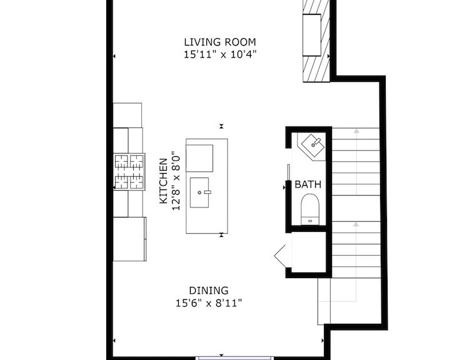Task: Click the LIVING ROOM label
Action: point(220,42)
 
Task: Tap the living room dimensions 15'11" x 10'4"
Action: point(220,54)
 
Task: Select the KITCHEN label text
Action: point(163,181)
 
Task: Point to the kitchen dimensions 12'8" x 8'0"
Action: point(176,181)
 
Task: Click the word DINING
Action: point(209,290)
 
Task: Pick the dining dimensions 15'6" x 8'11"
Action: point(209,303)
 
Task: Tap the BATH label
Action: point(308,184)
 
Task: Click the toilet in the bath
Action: point(310,209)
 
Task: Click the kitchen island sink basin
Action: point(199,192)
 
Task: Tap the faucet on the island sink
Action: point(208,192)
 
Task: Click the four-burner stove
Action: point(129,172)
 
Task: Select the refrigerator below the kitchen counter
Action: point(129,239)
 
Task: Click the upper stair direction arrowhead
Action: point(356,131)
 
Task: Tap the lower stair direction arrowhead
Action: point(356,224)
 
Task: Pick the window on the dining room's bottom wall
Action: point(234,358)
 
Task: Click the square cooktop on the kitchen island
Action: point(199,158)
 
